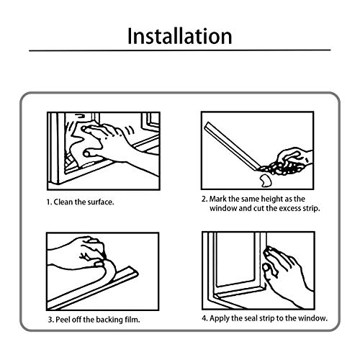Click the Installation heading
pyautogui.click(x=180, y=36)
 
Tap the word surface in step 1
pyautogui.click(x=100, y=202)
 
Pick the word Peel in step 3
pyautogui.click(x=63, y=320)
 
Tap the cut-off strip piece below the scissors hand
pyautogui.click(x=265, y=181)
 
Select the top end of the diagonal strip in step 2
pyautogui.click(x=207, y=125)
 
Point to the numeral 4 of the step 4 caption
pyautogui.click(x=204, y=318)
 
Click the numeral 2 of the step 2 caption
pyautogui.click(x=204, y=199)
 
